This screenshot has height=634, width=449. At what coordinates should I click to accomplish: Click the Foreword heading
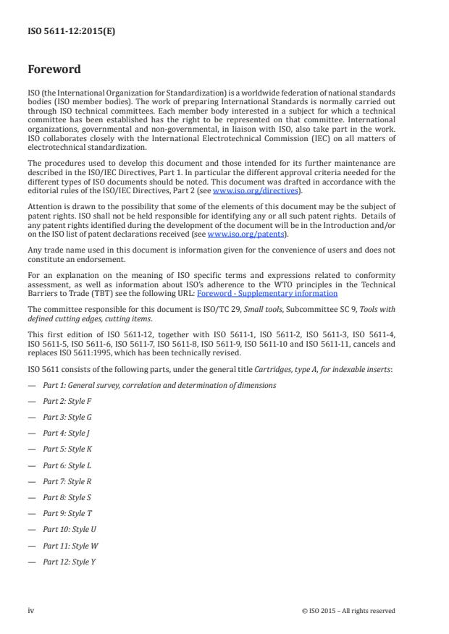tap(54, 70)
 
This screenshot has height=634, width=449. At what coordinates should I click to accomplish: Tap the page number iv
tap(31, 611)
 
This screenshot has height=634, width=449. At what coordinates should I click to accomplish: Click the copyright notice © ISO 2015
tap(348, 611)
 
